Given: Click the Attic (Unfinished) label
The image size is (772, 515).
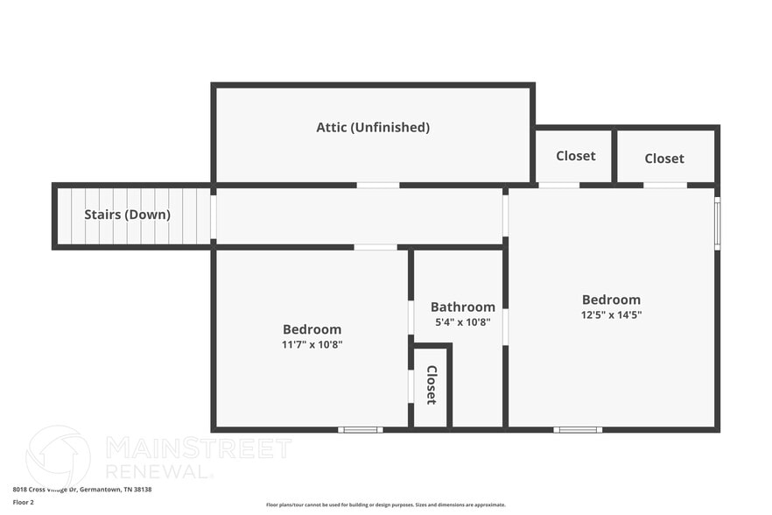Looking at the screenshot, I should click(x=373, y=127).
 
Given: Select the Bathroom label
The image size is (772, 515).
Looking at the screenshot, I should click(x=462, y=307).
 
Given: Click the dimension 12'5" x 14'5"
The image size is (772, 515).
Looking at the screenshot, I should click(x=611, y=314).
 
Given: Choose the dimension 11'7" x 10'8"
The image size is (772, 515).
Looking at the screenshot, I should click(x=312, y=344).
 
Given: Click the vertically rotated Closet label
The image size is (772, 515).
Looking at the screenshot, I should click(x=432, y=384).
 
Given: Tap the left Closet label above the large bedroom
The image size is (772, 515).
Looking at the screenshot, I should click(x=575, y=156).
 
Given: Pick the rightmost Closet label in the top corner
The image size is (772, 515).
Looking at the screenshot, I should click(x=663, y=159).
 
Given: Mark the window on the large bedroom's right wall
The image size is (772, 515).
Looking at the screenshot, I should click(x=717, y=222).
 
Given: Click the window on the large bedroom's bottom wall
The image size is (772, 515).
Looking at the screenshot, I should click(x=578, y=429).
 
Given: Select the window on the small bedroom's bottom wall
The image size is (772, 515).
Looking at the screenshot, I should click(x=361, y=429).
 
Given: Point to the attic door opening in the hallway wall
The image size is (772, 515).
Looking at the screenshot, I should click(x=378, y=185).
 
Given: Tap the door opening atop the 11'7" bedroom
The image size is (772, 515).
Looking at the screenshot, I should click(x=375, y=247).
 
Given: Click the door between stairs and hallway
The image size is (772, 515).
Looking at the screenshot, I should click(x=214, y=216).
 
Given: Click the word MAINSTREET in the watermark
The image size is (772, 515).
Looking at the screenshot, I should click(x=199, y=448).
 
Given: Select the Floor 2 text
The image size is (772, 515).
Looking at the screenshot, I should click(x=24, y=502).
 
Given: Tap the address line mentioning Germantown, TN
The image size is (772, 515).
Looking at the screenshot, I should click(x=82, y=490).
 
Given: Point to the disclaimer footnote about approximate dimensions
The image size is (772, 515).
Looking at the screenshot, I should click(x=385, y=504).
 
